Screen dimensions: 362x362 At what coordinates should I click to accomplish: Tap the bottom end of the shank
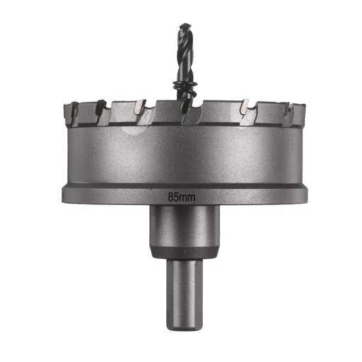184,327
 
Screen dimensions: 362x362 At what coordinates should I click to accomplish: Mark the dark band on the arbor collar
184,253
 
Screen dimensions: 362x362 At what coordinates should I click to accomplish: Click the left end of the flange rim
64,192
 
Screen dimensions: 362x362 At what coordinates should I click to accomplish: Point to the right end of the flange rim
305,192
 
